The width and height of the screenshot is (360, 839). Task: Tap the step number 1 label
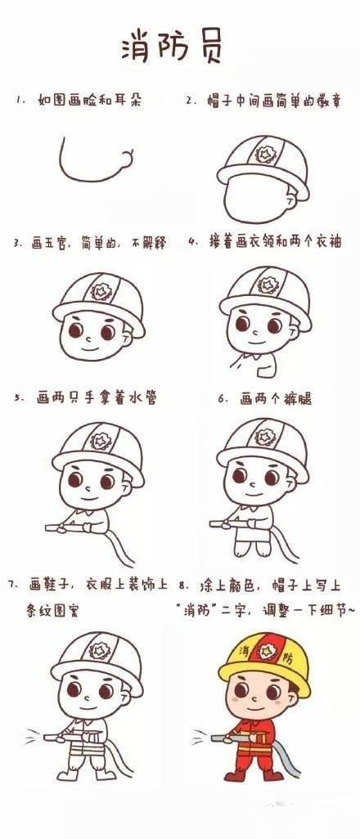click(x=18, y=101)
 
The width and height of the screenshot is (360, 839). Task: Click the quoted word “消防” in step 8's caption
click(x=196, y=609)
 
